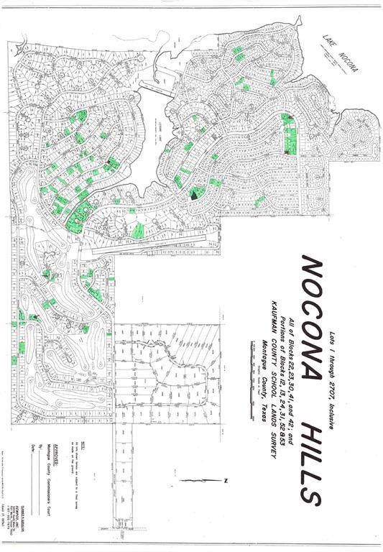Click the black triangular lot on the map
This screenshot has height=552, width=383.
point(195,192)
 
